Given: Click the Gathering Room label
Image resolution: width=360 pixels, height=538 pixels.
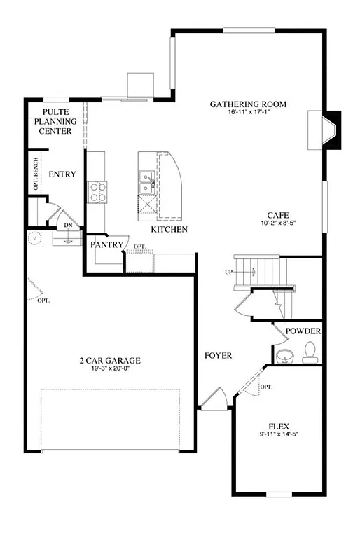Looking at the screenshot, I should pyautogui.click(x=249, y=104).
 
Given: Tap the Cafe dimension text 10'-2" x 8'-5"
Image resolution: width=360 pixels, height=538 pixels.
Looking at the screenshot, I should pyautogui.click(x=278, y=224).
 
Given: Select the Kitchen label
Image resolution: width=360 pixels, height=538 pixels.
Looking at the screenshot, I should pyautogui.click(x=169, y=229).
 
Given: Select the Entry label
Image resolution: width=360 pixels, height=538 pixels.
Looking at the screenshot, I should pyautogui.click(x=62, y=174).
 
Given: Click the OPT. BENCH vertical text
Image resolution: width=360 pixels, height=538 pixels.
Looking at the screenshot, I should pyautogui.click(x=36, y=174).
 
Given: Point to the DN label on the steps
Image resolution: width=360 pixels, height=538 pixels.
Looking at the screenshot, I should pyautogui.click(x=68, y=226).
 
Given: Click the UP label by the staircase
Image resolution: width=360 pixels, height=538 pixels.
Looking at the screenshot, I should pyautogui.click(x=228, y=272).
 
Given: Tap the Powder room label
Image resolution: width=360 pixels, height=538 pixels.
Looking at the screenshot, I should pyautogui.click(x=303, y=331).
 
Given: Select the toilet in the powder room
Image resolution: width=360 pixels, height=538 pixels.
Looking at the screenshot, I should pyautogui.click(x=310, y=352).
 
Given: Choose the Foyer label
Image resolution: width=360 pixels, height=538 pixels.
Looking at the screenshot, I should pyautogui.click(x=218, y=356).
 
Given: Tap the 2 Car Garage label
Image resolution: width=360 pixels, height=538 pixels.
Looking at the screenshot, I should pyautogui.click(x=109, y=361).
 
